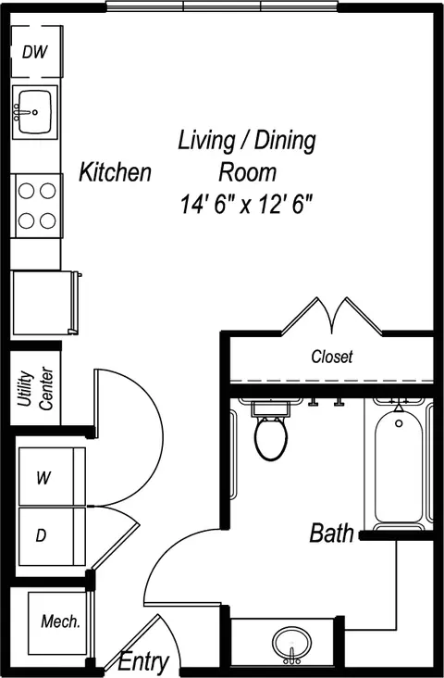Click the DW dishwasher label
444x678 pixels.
(34, 52)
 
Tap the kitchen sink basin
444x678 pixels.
(35, 112)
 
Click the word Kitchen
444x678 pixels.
(116, 172)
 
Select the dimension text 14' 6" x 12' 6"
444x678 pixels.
(246, 204)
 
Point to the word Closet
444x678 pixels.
(332, 357)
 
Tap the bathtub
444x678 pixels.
(399, 464)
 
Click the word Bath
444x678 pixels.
(331, 533)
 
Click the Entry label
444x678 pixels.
(143, 662)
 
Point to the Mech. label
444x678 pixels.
(60, 621)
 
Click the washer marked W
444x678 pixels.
(52, 476)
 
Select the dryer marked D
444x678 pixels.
(52, 536)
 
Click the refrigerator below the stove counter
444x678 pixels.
(45, 303)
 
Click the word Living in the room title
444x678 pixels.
(206, 141)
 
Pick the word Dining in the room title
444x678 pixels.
(285, 141)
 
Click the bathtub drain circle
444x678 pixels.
(399, 423)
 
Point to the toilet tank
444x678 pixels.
(271, 408)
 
